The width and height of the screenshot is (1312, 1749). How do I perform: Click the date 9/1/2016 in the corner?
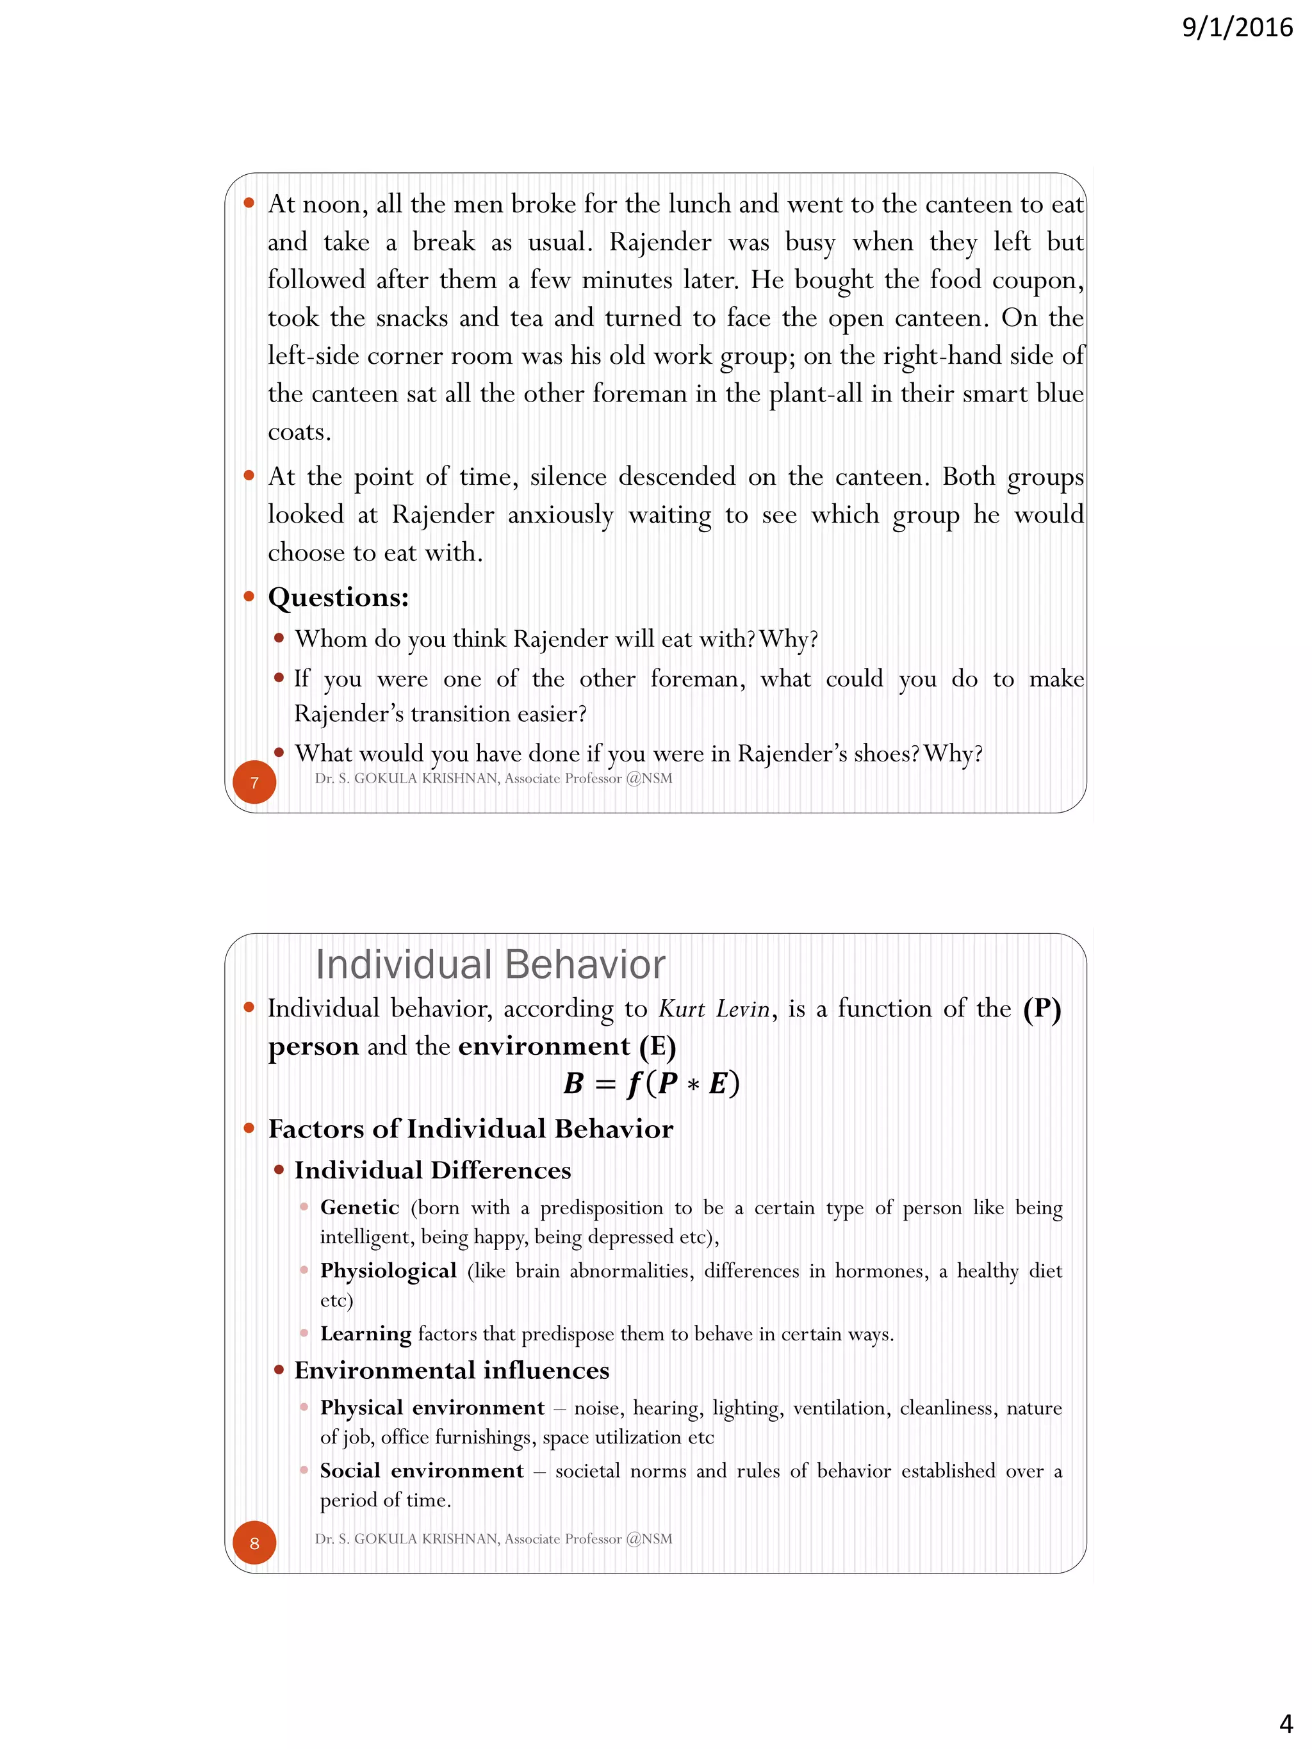pos(1237,28)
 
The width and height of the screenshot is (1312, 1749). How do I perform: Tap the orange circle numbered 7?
pos(254,783)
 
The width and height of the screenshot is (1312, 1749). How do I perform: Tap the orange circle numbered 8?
pos(254,1543)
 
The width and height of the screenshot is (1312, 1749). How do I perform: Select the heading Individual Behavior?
pos(489,964)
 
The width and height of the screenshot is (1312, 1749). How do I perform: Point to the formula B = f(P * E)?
pos(651,1083)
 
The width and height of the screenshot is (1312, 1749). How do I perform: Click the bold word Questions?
pos(338,597)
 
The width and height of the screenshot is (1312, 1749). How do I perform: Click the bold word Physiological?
pos(388,1271)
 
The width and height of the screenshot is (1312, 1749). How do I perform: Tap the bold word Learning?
pos(365,1334)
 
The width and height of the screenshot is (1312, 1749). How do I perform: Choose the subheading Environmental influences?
pos(452,1371)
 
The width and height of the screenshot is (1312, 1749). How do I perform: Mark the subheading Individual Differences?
pos(432,1170)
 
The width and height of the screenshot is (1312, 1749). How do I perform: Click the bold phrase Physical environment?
pos(432,1408)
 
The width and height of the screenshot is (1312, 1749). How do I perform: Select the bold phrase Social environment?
pos(422,1470)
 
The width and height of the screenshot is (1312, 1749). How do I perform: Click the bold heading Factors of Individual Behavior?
pos(471,1128)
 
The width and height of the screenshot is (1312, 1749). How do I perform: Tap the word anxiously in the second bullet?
pos(560,516)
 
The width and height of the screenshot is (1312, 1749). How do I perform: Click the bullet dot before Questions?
pos(249,596)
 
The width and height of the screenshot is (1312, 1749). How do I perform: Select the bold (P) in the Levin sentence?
pos(1042,1009)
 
